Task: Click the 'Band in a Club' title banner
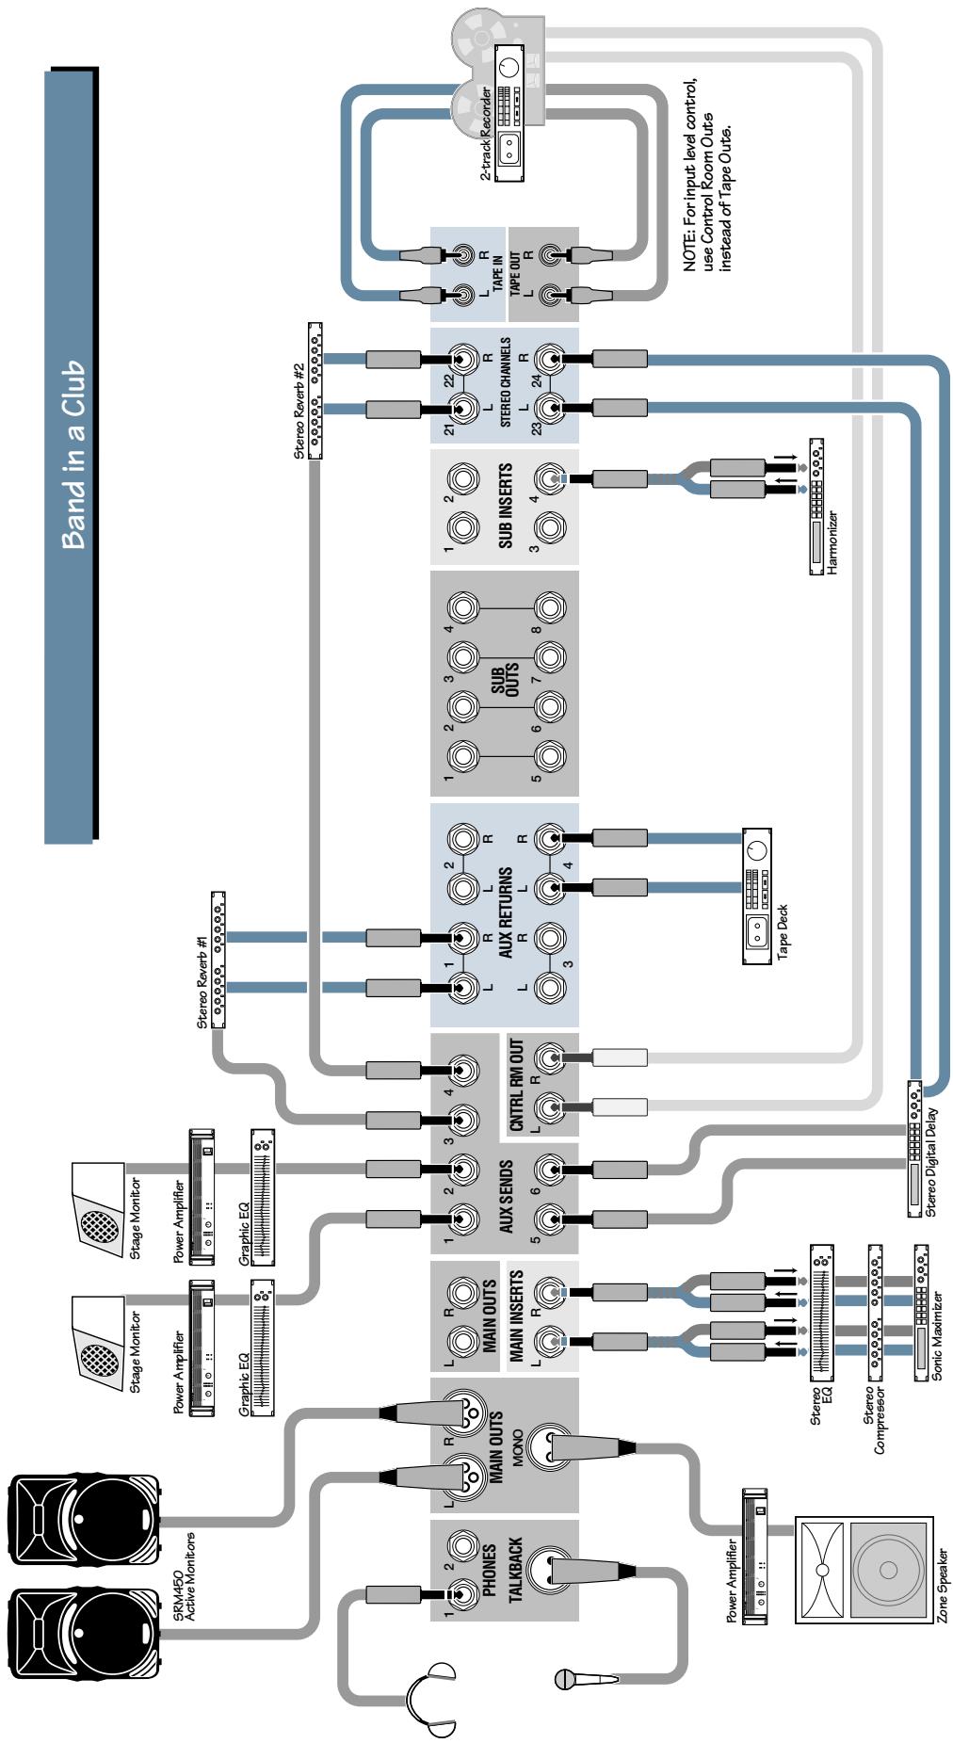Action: point(71,453)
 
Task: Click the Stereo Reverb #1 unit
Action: point(218,959)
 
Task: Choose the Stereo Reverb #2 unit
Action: point(315,390)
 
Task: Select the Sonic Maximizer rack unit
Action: point(921,1315)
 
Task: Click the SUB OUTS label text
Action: point(507,682)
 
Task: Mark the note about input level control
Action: point(708,175)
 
